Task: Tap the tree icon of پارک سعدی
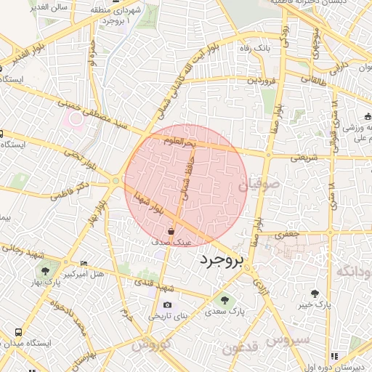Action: click(x=223, y=299)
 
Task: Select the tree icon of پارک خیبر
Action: click(x=315, y=294)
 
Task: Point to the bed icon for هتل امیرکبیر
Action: click(x=84, y=263)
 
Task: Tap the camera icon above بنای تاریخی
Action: click(x=168, y=304)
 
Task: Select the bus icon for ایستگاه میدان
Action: click(x=17, y=331)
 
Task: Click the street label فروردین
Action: click(x=262, y=81)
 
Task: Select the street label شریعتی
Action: click(x=305, y=156)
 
